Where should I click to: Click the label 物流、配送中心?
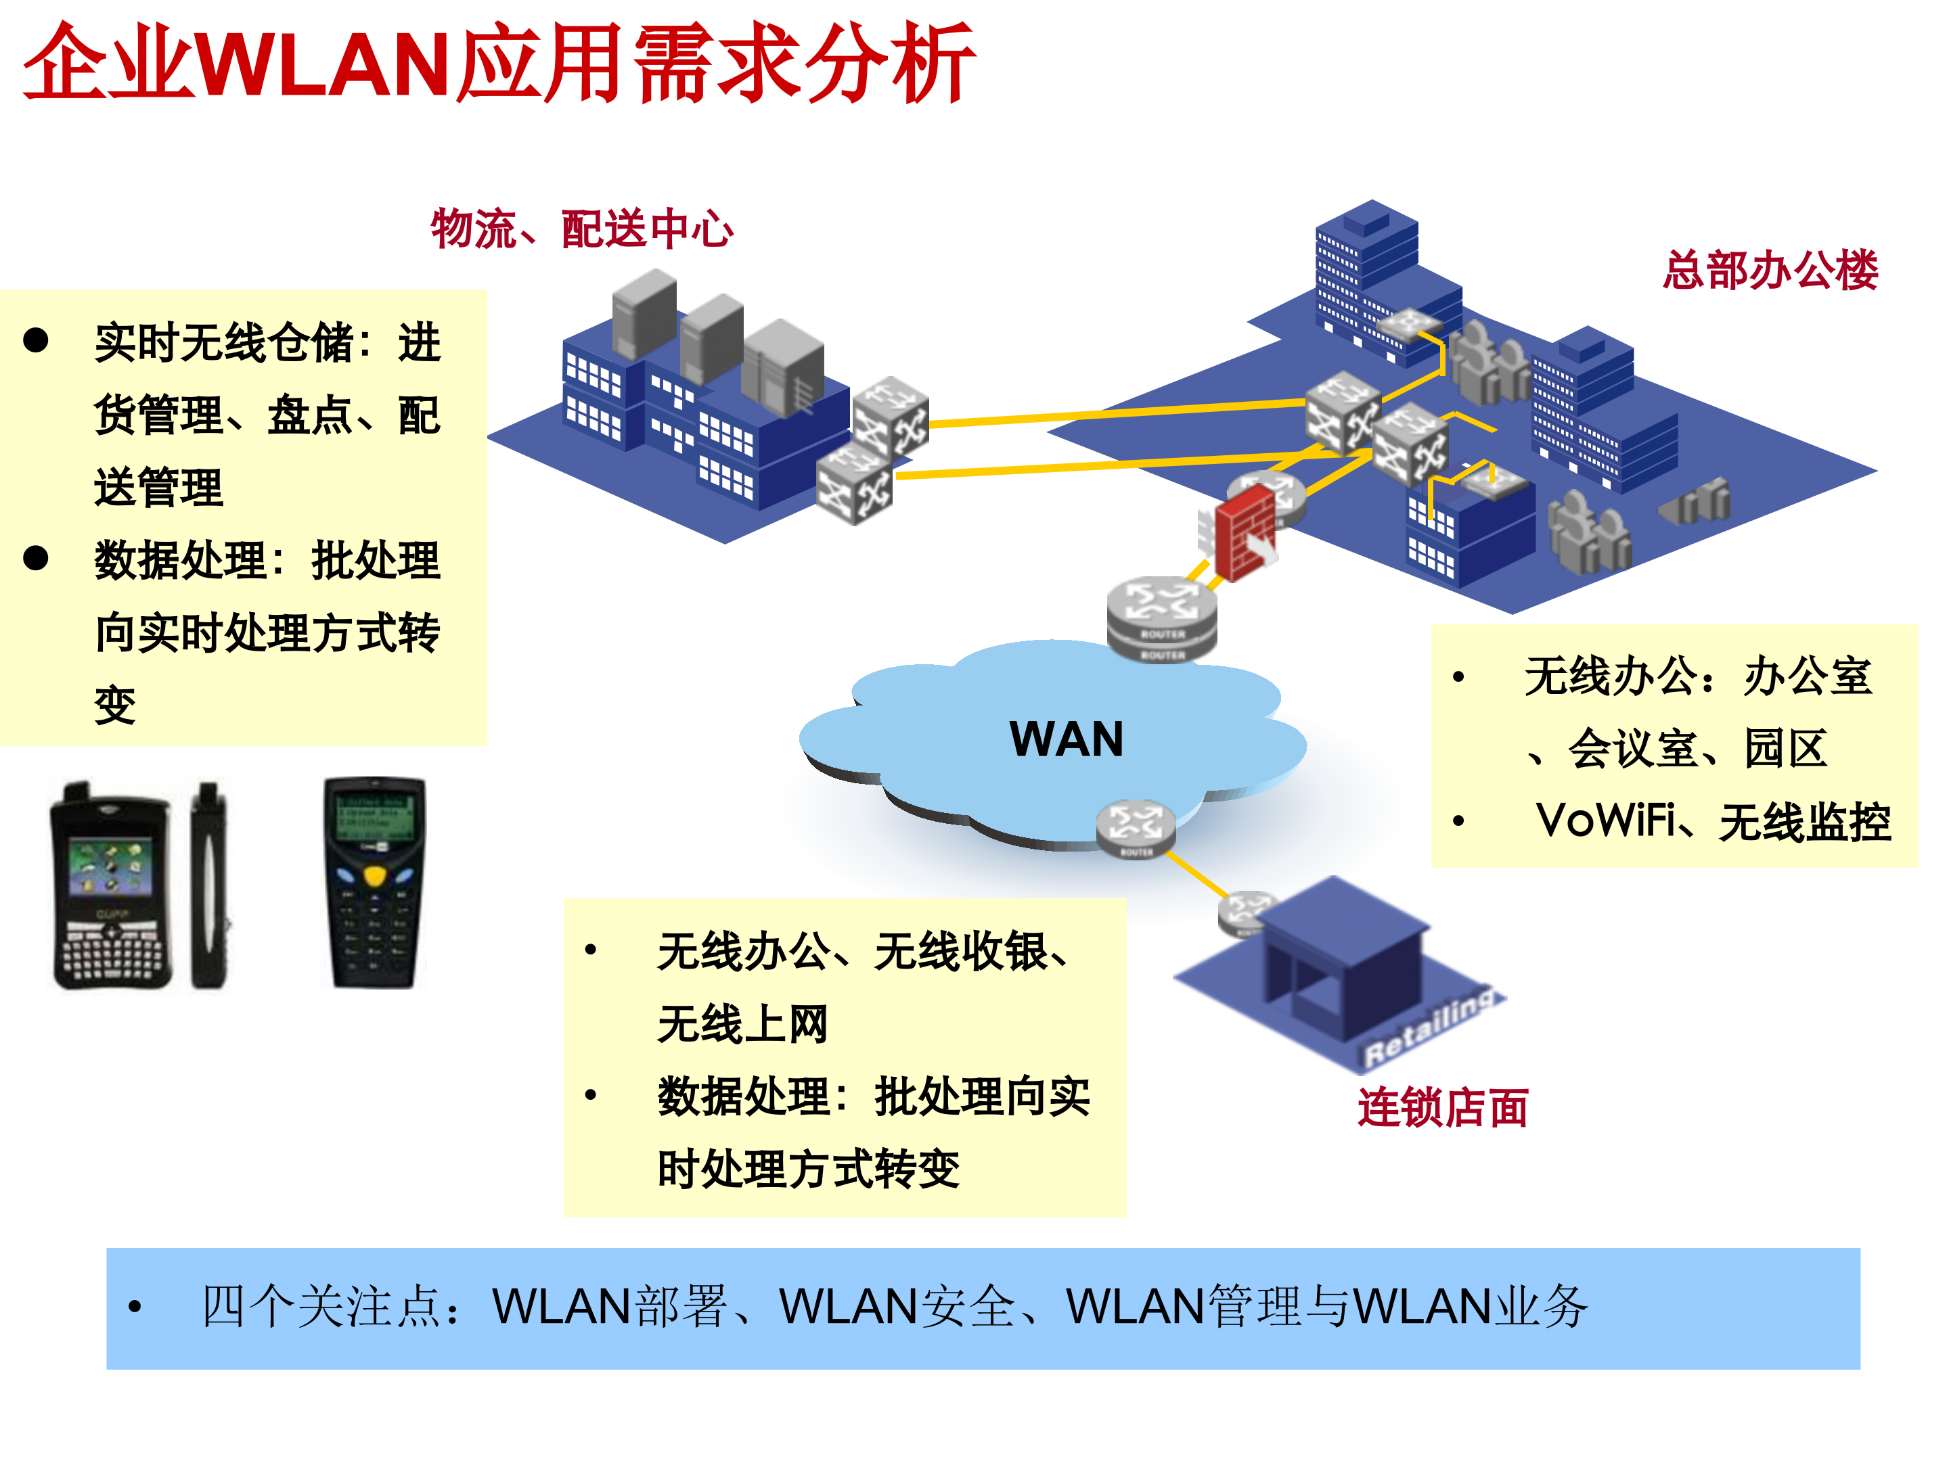coord(581,229)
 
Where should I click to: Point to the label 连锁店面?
coord(1442,1108)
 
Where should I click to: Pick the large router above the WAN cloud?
coord(1161,616)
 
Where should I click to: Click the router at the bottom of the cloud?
coord(1135,828)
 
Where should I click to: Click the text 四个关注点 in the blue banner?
coord(321,1307)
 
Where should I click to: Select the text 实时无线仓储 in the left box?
coord(224,342)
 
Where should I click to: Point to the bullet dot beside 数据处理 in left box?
coord(36,558)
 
